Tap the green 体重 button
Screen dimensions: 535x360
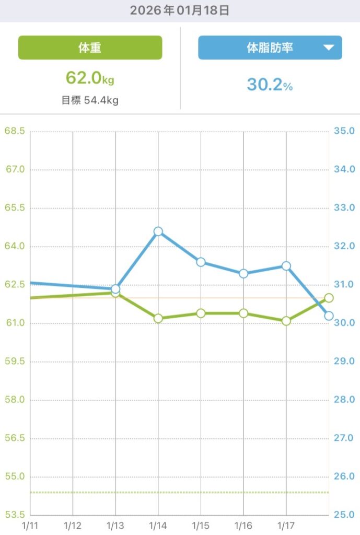pyautogui.click(x=90, y=48)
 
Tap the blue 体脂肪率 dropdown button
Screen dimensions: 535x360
pyautogui.click(x=270, y=48)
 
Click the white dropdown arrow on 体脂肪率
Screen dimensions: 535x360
pyautogui.click(x=329, y=48)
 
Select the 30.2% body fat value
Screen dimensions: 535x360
pyautogui.click(x=270, y=85)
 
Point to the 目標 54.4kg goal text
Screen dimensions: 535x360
pyautogui.click(x=90, y=100)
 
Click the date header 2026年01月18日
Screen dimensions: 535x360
pyautogui.click(x=180, y=10)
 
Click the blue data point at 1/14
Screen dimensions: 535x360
pyautogui.click(x=158, y=231)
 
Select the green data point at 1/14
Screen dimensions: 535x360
pyautogui.click(x=158, y=318)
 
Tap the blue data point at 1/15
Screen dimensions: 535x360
pyautogui.click(x=201, y=262)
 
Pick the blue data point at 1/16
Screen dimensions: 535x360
pyautogui.click(x=243, y=273)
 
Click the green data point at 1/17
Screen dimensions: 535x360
pyautogui.click(x=286, y=321)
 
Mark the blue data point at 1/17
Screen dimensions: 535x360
pyautogui.click(x=286, y=265)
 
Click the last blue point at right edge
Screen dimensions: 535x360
pyautogui.click(x=329, y=316)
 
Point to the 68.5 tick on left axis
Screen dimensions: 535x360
pyautogui.click(x=15, y=131)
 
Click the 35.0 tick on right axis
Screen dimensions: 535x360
pyautogui.click(x=344, y=131)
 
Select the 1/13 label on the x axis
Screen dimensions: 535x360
pyautogui.click(x=115, y=524)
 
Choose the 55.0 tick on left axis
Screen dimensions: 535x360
pyautogui.click(x=15, y=476)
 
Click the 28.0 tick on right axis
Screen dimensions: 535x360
pyautogui.click(x=344, y=400)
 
